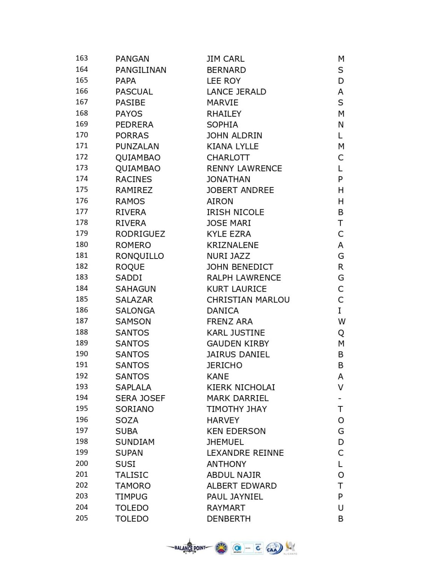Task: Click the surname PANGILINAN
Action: tap(141, 70)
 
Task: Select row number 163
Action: tap(82, 58)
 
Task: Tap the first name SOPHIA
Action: tap(222, 125)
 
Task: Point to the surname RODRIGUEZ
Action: tap(140, 234)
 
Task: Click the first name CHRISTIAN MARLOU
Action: tap(248, 300)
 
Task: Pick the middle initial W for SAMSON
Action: tap(341, 322)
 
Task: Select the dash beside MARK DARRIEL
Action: tap(340, 399)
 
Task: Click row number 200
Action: tap(82, 464)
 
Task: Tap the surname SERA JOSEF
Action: tap(140, 398)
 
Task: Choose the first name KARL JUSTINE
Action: tap(236, 333)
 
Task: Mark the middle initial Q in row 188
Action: tap(341, 333)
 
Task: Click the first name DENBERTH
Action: tap(228, 519)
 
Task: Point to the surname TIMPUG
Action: tap(131, 497)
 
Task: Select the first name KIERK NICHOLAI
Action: tap(240, 387)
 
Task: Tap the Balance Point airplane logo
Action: tap(190, 548)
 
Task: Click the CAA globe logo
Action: tap(274, 548)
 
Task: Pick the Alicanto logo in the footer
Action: tap(290, 548)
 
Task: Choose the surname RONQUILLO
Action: tap(139, 256)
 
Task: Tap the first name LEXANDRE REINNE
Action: tap(245, 453)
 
